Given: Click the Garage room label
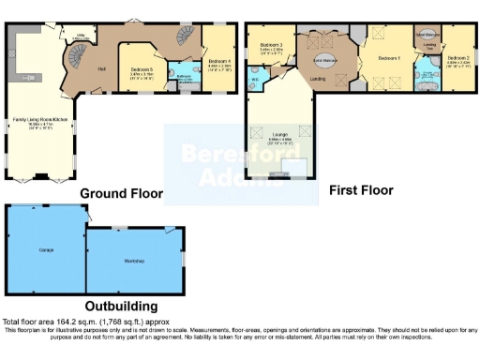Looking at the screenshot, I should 45,250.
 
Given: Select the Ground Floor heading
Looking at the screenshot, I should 121,194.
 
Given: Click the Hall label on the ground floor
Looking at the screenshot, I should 100,69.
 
